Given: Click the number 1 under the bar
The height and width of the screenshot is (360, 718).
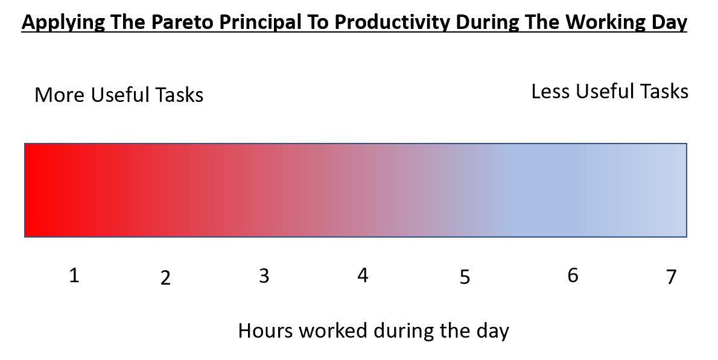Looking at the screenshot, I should tap(74, 276).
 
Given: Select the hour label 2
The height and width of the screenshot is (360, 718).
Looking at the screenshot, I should tap(166, 278).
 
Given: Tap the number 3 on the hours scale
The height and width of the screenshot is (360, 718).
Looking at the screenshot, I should tap(264, 276).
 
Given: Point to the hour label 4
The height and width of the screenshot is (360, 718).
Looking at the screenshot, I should tap(363, 276).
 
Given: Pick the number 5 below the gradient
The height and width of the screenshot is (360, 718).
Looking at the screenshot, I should tap(465, 277).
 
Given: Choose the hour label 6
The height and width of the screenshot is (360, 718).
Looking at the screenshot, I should tap(573, 276).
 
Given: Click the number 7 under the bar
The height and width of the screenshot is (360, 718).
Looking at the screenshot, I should tap(672, 277).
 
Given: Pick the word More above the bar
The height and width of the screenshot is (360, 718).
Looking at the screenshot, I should tap(60, 95).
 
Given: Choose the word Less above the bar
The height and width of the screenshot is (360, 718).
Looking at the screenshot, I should tap(550, 92).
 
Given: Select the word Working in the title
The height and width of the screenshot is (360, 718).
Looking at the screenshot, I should tap(596, 23).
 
